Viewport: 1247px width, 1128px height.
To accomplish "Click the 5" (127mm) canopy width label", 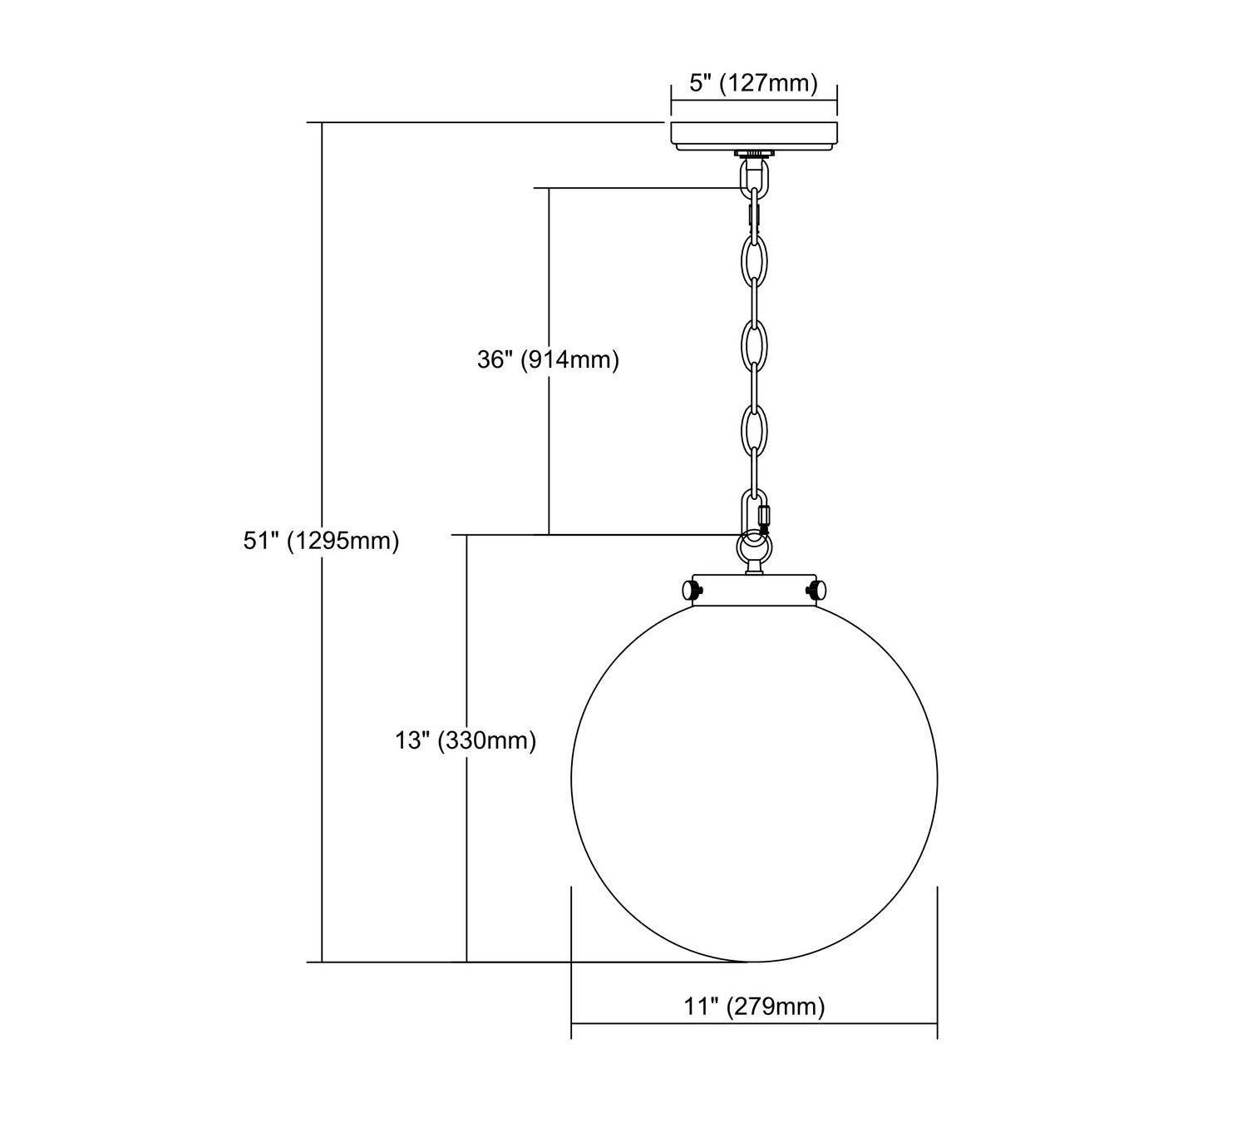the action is pos(753,82).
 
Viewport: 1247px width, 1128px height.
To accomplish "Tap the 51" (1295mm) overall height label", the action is pos(321,541).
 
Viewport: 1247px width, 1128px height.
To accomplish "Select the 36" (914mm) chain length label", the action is pos(548,359).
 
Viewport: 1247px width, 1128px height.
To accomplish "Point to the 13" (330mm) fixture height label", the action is pos(466,740).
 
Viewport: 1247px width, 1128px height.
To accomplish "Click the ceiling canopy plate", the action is pos(754,136).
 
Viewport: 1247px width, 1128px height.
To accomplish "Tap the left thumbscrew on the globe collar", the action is pos(692,589).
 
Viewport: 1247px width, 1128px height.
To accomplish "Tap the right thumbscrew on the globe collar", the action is pos(817,589).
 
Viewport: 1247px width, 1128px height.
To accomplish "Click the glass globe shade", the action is pos(754,779).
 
